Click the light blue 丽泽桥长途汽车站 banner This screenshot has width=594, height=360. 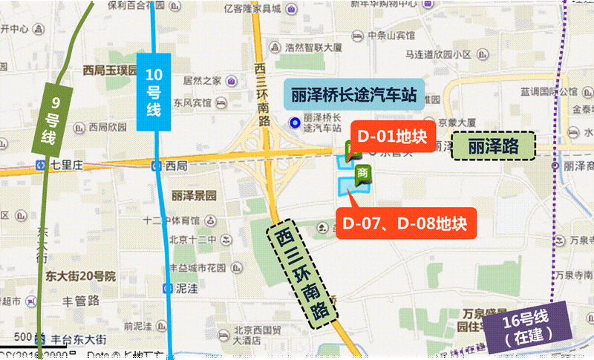353,95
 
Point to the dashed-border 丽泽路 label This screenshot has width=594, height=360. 493,146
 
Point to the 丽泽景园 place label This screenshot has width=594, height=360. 193,196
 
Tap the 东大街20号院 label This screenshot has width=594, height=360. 78,276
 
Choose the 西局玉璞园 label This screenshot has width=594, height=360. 110,71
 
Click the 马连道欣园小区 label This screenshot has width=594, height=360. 439,55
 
